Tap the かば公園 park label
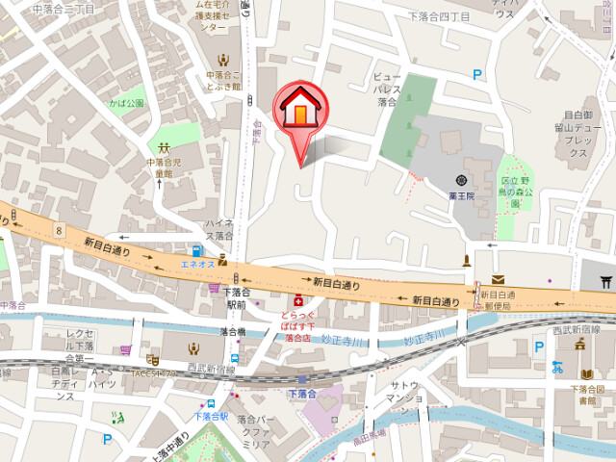click(x=126, y=103)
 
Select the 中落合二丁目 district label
click(x=64, y=9)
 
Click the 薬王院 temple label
click(x=463, y=195)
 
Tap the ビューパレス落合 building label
click(x=387, y=88)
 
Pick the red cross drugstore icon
click(x=298, y=300)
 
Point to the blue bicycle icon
click(x=557, y=366)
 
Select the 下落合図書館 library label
click(x=586, y=396)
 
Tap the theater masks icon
click(x=153, y=358)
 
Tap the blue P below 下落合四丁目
click(x=476, y=74)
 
